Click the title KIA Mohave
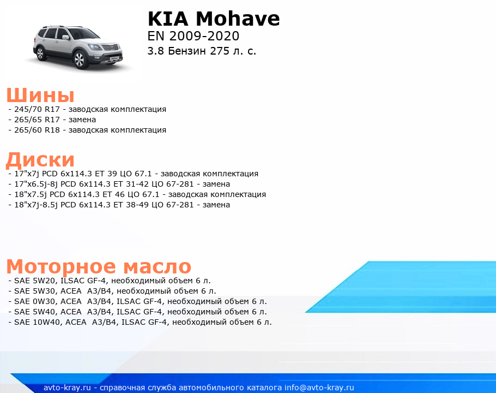[214, 19]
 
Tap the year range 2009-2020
[204, 36]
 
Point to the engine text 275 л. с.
[233, 51]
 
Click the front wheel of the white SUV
[80, 59]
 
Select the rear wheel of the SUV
[40, 53]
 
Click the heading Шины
[40, 95]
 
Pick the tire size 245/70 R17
[37, 109]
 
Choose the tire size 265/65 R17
[37, 120]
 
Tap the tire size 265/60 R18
[37, 130]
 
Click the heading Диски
[40, 159]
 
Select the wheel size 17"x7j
[27, 174]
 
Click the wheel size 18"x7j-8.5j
[36, 205]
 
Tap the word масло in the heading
[157, 266]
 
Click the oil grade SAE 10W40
[38, 323]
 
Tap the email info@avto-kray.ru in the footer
[319, 388]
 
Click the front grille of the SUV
[110, 47]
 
